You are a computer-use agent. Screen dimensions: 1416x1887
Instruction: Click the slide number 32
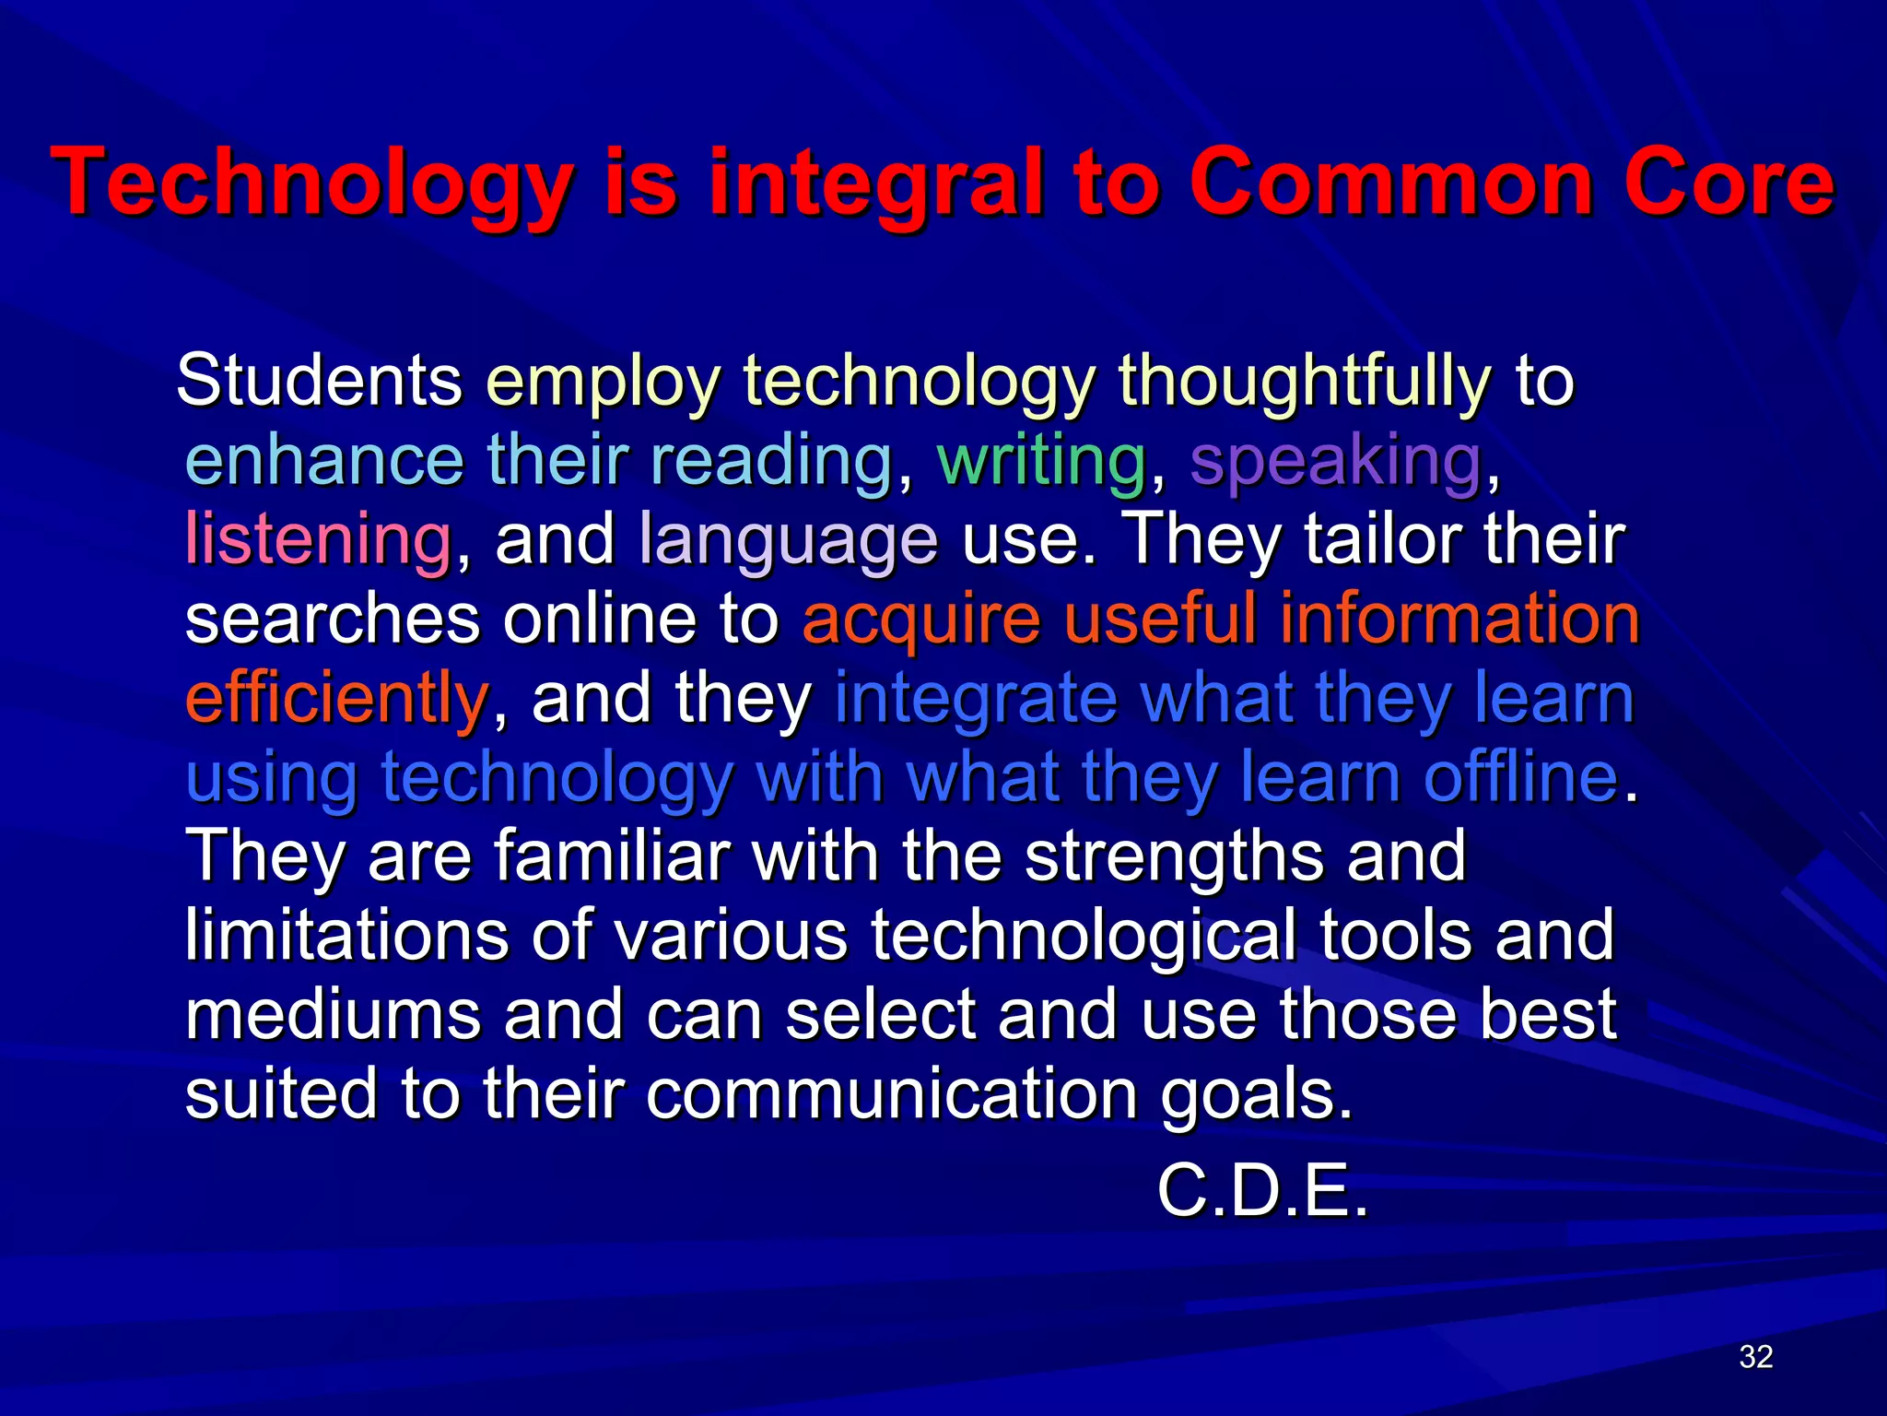coord(1756,1357)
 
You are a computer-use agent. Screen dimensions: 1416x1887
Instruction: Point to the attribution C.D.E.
coord(1262,1191)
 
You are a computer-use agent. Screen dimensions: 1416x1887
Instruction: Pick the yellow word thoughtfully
coord(1304,382)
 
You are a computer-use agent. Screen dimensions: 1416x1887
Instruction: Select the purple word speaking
coord(1336,461)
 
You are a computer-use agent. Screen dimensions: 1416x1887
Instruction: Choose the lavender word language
coord(789,540)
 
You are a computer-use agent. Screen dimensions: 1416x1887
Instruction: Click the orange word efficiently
coord(336,699)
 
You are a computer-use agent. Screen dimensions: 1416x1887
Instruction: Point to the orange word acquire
coord(921,619)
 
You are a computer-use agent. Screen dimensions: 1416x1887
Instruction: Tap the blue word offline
coord(1520,776)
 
